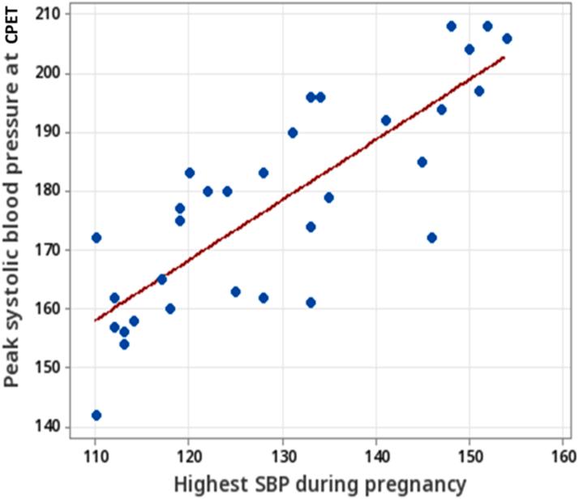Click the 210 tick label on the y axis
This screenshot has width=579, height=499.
coord(56,15)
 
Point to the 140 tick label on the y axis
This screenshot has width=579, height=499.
coord(56,427)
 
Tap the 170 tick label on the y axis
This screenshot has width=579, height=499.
coord(56,250)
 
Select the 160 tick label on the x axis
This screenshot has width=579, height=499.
coord(563,454)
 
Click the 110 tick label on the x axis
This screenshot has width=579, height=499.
coord(96,454)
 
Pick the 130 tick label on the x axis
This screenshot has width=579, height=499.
coord(282,454)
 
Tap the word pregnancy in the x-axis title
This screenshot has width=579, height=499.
coord(405,484)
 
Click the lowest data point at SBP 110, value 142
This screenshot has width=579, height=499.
coord(96,415)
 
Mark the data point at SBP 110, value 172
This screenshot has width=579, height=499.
coord(96,238)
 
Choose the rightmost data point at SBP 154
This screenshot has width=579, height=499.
coord(507,38)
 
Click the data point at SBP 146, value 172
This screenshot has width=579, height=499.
coord(432,238)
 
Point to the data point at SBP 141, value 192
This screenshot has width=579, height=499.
coord(385,120)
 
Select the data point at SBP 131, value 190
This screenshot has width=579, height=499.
coord(293,132)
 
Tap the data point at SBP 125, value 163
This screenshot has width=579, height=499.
coord(236,291)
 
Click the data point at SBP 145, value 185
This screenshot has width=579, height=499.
coord(422,161)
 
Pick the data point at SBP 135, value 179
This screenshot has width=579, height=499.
coord(329,197)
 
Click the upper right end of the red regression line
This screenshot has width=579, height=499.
coord(504,57)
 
